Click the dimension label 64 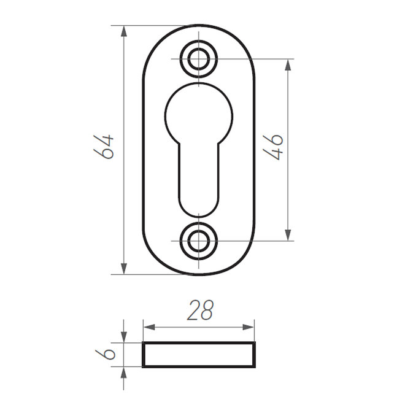104,147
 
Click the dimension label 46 273,147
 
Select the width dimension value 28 201,310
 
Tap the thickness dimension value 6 105,354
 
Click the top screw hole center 198,59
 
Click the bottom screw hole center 198,241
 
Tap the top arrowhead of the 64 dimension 124,31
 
